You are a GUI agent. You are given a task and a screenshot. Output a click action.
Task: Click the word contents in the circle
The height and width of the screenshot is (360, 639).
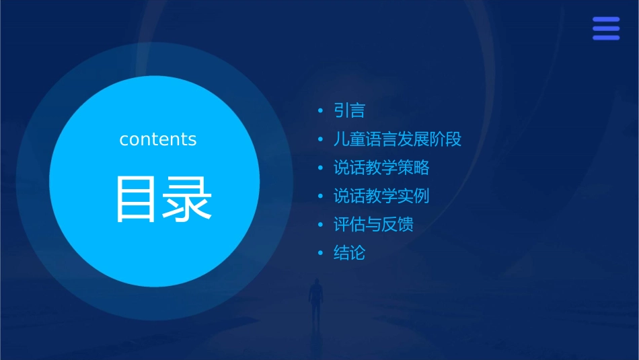click(x=157, y=139)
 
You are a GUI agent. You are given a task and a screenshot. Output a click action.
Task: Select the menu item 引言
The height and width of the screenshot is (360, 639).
click(x=349, y=110)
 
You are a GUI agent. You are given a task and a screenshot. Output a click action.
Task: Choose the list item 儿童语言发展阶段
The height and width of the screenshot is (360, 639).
click(x=397, y=139)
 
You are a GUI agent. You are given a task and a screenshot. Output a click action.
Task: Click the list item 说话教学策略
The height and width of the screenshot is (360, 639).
click(x=381, y=168)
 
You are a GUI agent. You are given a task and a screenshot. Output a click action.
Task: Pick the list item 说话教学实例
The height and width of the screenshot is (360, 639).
click(x=381, y=196)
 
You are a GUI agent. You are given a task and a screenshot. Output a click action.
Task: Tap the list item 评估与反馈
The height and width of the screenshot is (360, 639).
click(x=373, y=224)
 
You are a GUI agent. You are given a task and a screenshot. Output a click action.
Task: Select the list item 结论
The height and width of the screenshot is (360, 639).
click(x=349, y=253)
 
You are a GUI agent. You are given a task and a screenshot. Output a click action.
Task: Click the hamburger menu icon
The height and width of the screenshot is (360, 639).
click(x=606, y=28)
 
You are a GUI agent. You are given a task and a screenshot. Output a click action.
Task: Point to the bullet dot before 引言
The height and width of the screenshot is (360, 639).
click(x=321, y=111)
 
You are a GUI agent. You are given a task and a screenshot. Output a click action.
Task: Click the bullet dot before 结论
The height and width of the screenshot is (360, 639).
click(x=321, y=254)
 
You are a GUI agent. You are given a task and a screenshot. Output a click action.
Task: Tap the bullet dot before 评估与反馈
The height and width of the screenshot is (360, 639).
click(x=321, y=225)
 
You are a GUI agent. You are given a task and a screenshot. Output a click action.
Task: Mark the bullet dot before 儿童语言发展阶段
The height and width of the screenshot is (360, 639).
click(x=321, y=140)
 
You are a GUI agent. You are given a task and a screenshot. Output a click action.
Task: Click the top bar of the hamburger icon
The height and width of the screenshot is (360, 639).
click(x=606, y=20)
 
